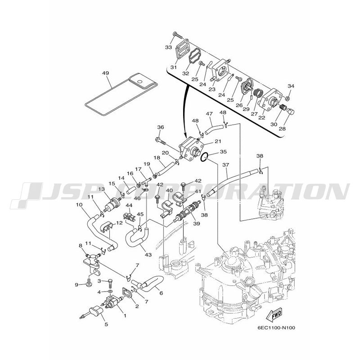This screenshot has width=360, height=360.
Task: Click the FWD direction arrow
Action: (x=274, y=315)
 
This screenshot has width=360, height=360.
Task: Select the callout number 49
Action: (x=106, y=73)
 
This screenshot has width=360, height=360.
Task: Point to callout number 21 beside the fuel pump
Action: (x=218, y=141)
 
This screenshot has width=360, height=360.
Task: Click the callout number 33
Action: (x=168, y=47)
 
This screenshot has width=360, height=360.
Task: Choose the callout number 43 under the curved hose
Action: (x=148, y=255)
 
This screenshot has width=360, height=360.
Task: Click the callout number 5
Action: (x=106, y=324)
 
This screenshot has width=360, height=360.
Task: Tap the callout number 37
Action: (x=226, y=165)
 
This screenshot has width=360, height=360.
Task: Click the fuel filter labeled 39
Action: (x=186, y=210)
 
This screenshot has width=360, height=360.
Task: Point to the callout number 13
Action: (x=102, y=189)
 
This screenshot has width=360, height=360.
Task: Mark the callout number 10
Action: (x=79, y=204)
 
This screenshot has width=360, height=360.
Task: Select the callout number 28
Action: (x=282, y=129)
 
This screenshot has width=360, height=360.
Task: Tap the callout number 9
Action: (x=76, y=285)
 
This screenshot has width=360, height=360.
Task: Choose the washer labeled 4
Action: (x=110, y=291)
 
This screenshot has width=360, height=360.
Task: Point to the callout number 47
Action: (x=209, y=114)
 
